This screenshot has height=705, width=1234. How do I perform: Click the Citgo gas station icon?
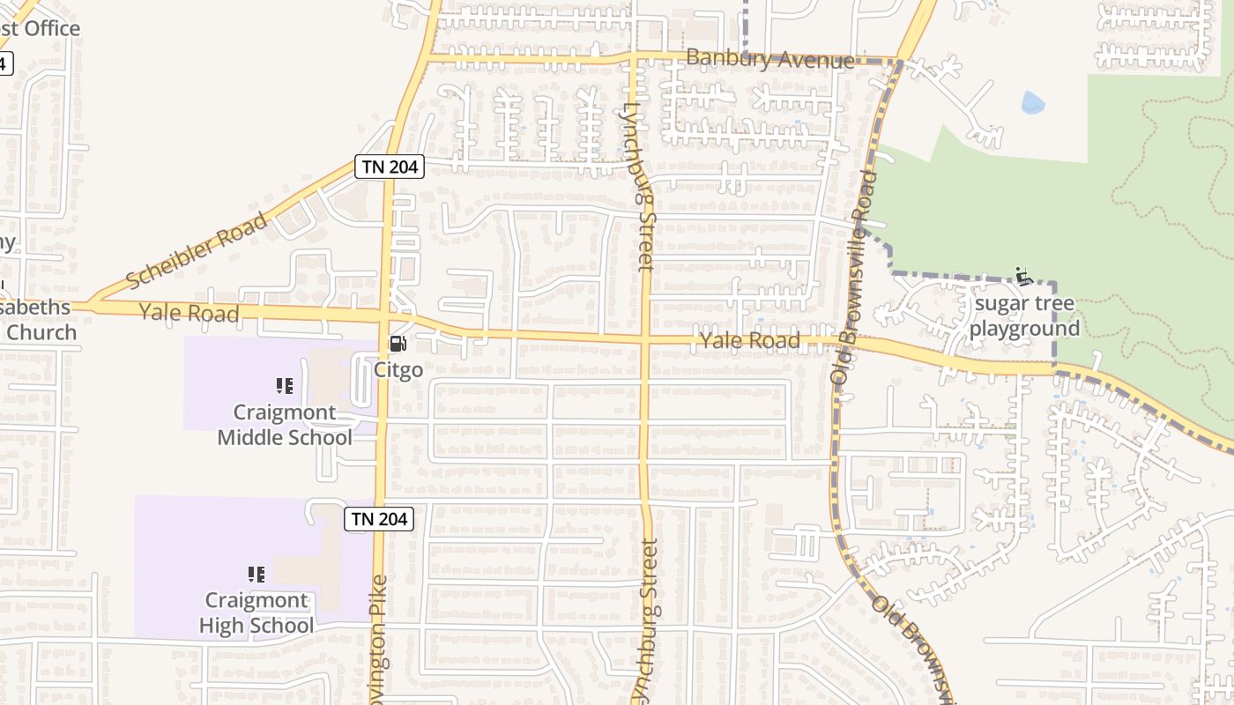pos(398,344)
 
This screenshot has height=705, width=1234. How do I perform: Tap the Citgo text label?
pos(398,370)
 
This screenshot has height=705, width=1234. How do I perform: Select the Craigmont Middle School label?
pos(285,425)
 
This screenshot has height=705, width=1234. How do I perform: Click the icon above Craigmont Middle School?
pos(284,385)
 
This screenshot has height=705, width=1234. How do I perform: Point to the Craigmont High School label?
pos(256,613)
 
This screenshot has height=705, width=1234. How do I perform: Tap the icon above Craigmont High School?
pos(256,575)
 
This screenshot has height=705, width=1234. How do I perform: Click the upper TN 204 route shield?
pos(390,167)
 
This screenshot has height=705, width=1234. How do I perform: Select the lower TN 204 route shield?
pos(379,519)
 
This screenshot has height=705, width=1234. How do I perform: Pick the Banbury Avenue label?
pos(769,60)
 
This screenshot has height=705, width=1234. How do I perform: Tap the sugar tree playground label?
pos(1023,316)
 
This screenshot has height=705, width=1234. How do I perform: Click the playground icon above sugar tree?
pos(1023,276)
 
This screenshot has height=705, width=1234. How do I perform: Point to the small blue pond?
pos(1032,104)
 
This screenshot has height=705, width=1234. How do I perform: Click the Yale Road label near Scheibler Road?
pos(189,313)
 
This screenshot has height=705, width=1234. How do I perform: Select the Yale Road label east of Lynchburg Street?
pos(749,341)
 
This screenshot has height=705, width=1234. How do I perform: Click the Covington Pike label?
pos(379,639)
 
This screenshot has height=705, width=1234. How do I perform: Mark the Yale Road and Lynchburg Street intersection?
pos(644,338)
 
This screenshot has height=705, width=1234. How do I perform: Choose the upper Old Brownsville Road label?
pos(852,276)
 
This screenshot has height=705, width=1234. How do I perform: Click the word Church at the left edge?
pos(41,333)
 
